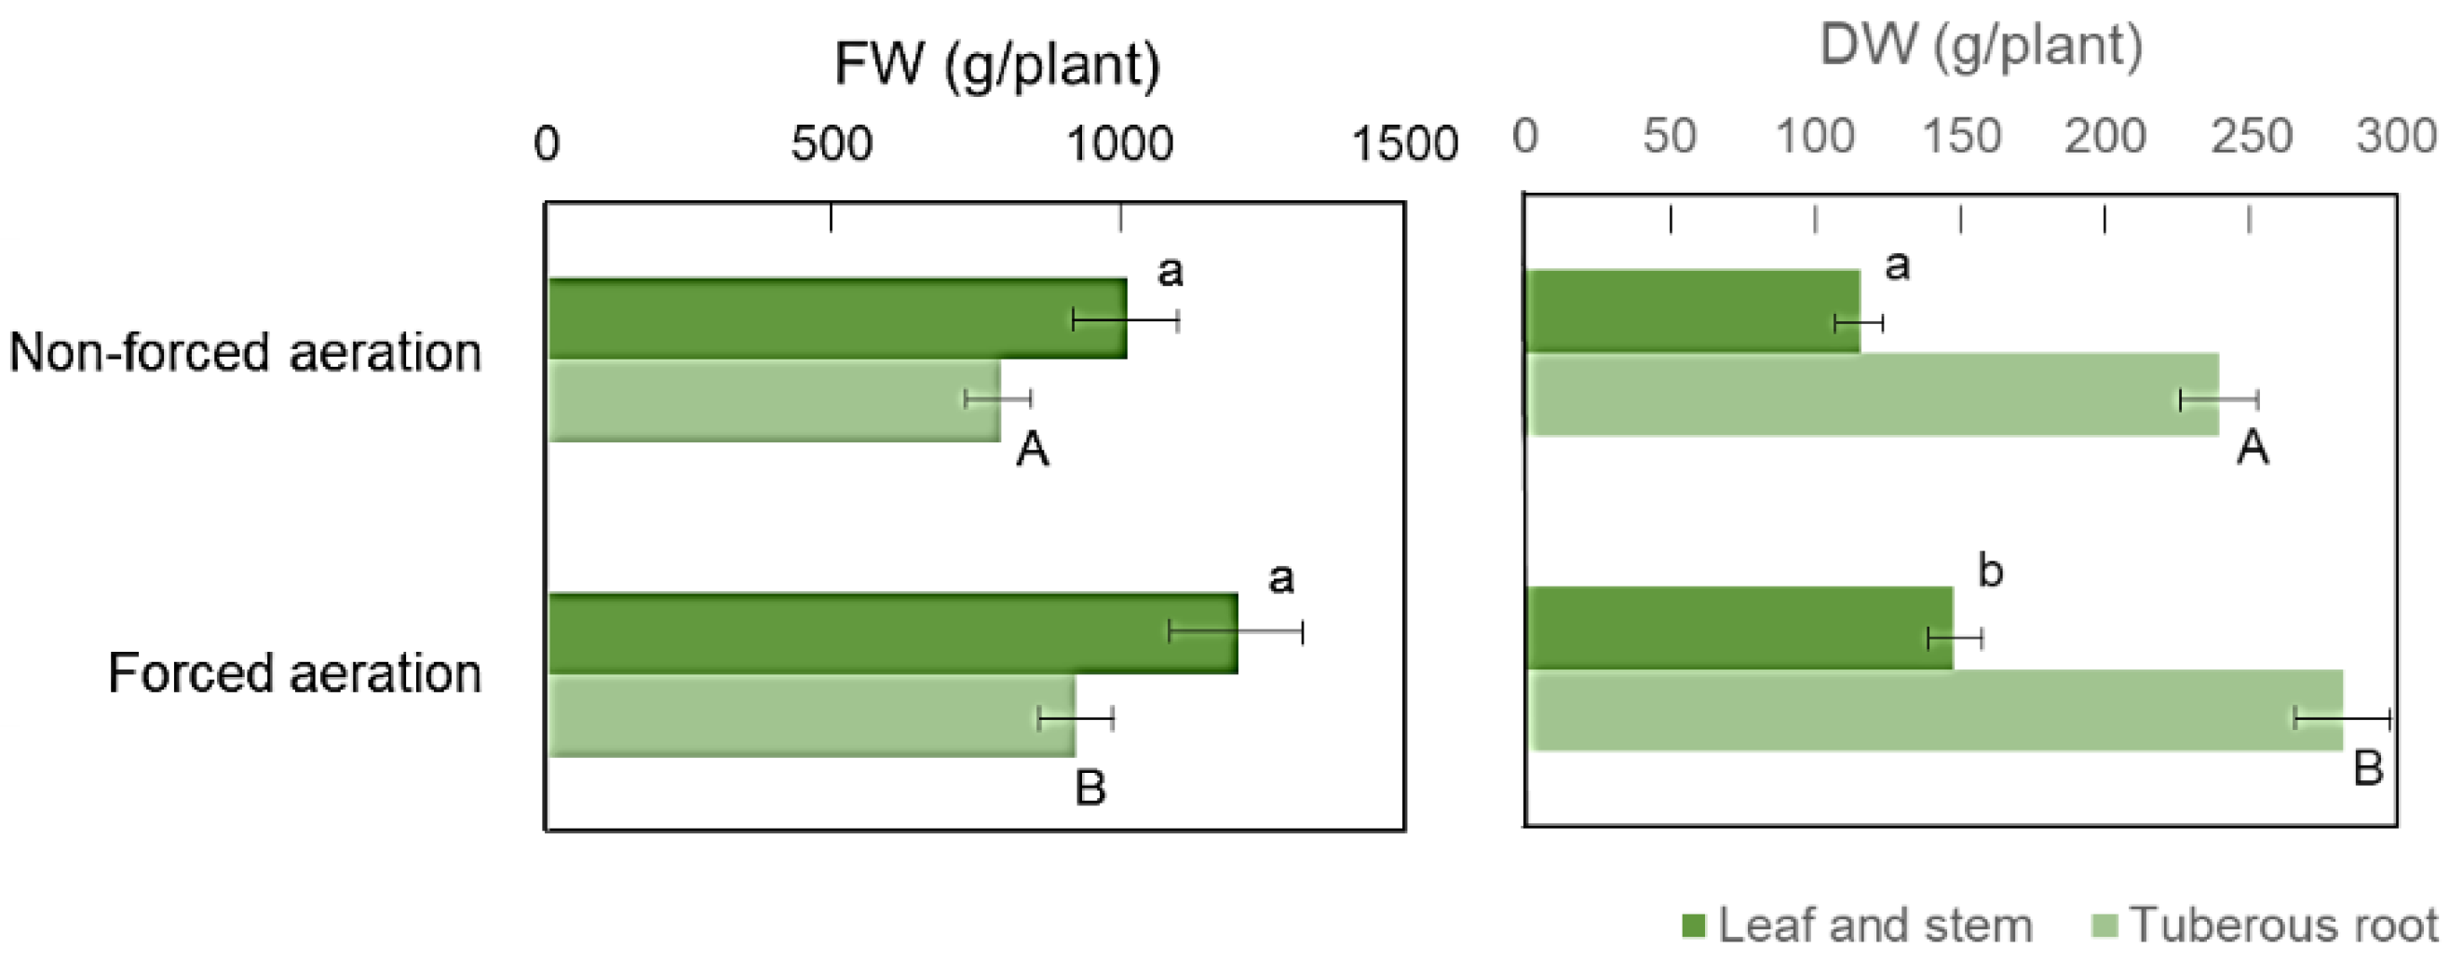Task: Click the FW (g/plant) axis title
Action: (x=997, y=66)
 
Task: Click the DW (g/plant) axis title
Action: (x=1980, y=46)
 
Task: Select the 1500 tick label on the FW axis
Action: (x=1404, y=144)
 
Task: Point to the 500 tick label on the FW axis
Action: (x=831, y=144)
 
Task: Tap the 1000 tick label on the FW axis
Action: (x=1119, y=144)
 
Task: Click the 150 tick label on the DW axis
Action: (x=1961, y=137)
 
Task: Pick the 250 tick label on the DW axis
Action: (x=2251, y=137)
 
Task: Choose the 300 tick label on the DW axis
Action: (x=2396, y=137)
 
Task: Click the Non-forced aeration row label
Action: (x=245, y=353)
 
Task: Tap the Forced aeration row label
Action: (x=293, y=673)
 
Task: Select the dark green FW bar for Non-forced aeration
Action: (x=813, y=318)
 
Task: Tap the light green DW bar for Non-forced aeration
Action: (x=1864, y=395)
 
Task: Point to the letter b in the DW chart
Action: (x=1990, y=571)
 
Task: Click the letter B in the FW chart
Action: (x=1090, y=788)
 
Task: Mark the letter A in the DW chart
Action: (x=2252, y=447)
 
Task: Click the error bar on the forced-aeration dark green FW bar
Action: (x=1236, y=631)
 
